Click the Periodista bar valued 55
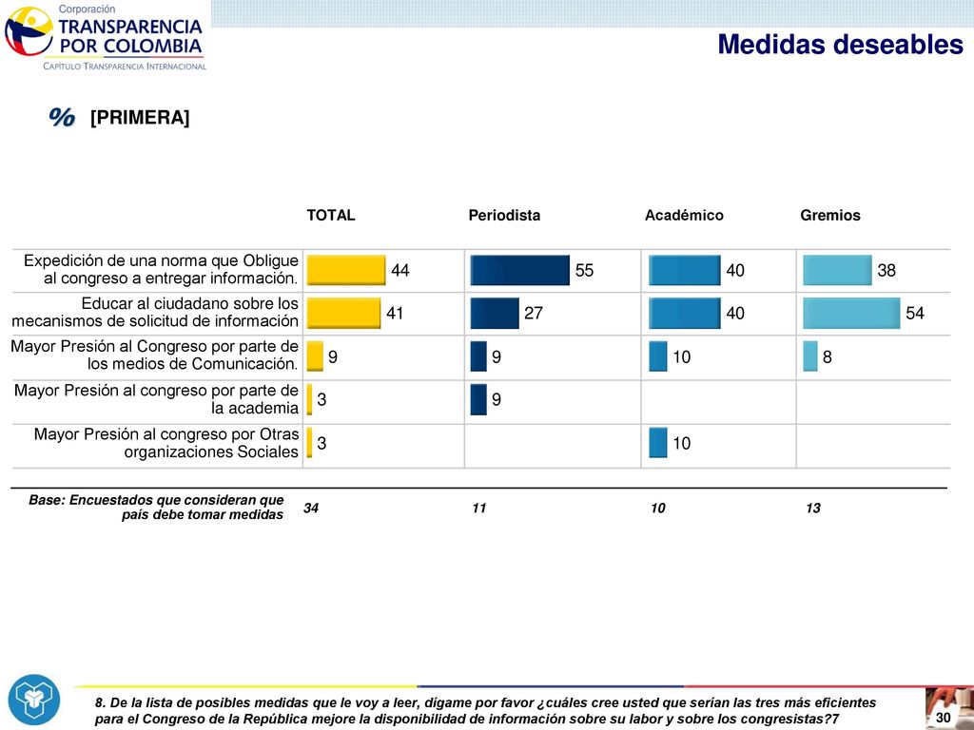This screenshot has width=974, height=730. (520, 270)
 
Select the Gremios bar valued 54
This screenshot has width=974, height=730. (851, 313)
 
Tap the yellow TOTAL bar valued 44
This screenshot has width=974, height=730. (346, 270)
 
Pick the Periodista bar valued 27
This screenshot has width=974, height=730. (495, 313)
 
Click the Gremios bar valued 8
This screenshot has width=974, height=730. (810, 356)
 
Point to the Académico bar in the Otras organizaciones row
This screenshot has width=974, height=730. (658, 443)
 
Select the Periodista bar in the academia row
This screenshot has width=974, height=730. (478, 399)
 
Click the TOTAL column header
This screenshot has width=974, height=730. (330, 216)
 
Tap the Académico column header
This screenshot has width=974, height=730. (684, 216)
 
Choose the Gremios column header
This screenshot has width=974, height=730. (829, 216)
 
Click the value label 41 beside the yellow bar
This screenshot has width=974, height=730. (395, 313)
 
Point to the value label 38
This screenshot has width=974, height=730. (886, 270)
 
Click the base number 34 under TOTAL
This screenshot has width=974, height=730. (311, 508)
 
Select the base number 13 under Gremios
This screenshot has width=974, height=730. (813, 508)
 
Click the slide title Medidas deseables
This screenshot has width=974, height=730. (841, 45)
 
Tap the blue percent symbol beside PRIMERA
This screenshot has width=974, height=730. (62, 117)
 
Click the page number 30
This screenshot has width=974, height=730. (943, 718)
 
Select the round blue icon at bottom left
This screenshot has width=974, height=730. (34, 700)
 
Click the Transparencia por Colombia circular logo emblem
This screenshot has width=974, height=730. (29, 31)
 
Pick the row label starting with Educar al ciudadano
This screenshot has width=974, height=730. (155, 312)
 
